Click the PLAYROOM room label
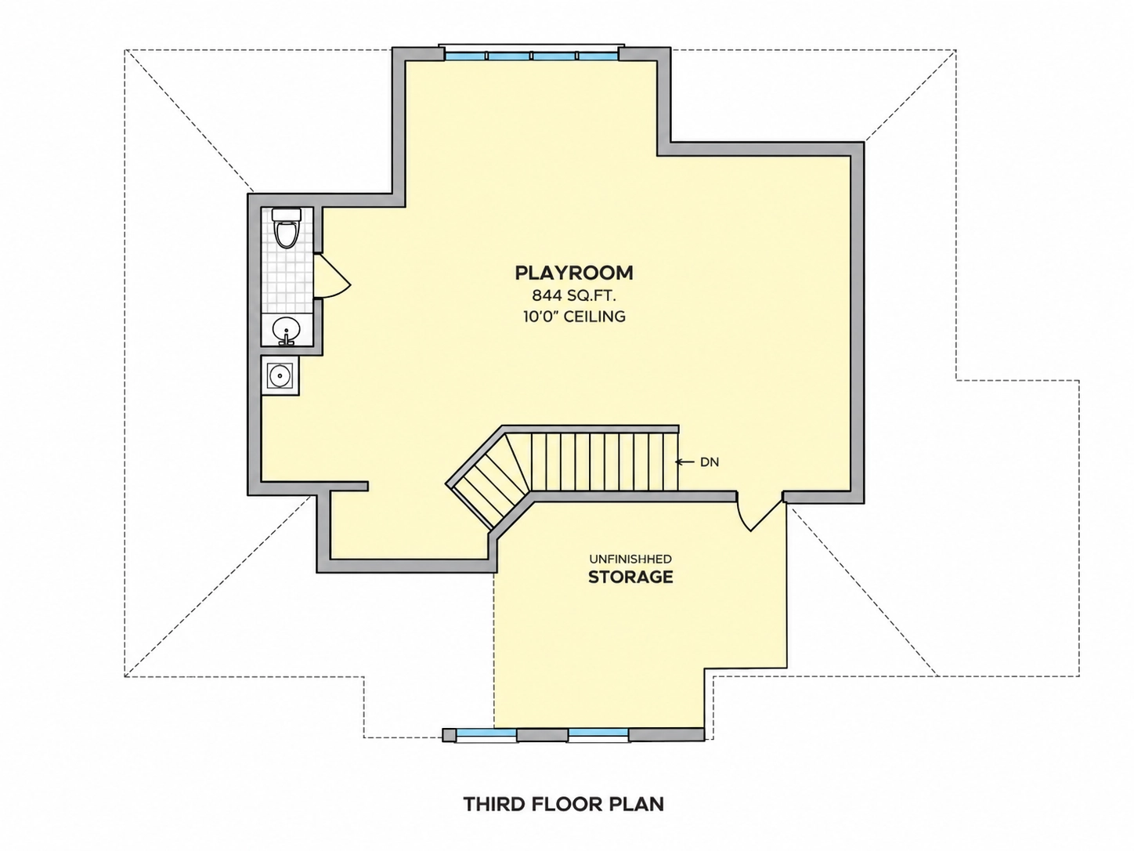point(574,273)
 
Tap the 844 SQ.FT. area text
point(574,295)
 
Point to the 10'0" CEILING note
point(574,317)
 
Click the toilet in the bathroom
point(287,228)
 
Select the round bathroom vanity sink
point(286,330)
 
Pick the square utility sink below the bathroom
point(280,375)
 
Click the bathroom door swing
point(332,276)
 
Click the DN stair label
point(710,462)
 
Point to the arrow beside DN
point(685,462)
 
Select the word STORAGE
point(630,578)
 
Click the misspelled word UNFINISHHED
point(630,559)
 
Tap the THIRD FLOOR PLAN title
point(564,804)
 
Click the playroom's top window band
point(532,56)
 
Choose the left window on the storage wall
point(486,733)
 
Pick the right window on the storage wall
point(599,733)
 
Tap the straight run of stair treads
point(604,462)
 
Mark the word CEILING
point(594,317)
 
